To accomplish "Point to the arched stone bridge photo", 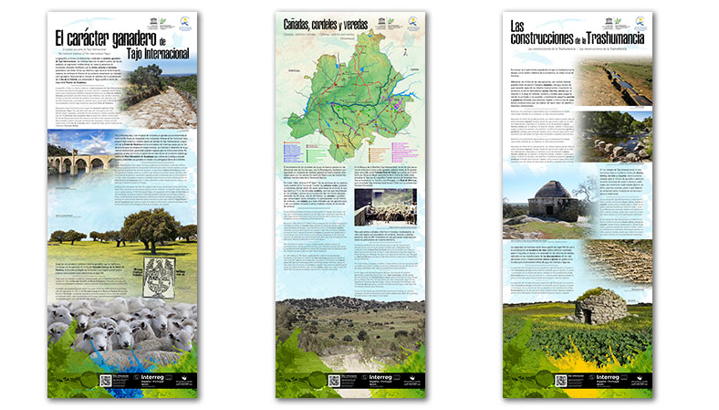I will tap(78, 163).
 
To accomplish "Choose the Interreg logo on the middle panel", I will tap(378, 378).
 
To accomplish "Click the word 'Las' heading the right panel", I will tap(519, 24).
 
